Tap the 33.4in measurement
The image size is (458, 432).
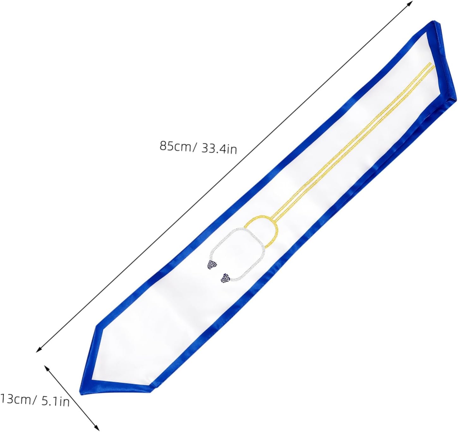[219, 149]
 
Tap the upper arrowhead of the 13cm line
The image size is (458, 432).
[46, 367]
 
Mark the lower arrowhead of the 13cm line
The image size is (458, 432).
[97, 428]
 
